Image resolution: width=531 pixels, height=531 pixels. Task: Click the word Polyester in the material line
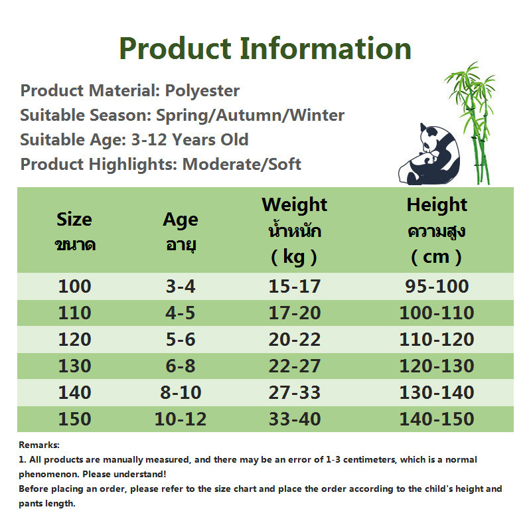[x=202, y=91]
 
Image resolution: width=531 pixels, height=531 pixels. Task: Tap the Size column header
[x=75, y=232]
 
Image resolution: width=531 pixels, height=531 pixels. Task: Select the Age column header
[x=181, y=232]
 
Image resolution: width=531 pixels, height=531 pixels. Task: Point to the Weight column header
[x=294, y=231]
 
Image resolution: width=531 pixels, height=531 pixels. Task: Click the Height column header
[x=437, y=231]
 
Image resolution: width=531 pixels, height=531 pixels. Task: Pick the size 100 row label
[x=75, y=286]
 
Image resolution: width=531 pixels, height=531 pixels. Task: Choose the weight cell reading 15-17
[x=294, y=286]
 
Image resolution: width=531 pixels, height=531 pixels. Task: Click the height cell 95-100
[x=437, y=286]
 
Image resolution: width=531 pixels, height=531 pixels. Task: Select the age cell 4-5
[x=180, y=313]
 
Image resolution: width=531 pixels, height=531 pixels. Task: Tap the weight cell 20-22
[x=294, y=339]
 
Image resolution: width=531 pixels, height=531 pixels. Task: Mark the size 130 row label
[x=75, y=366]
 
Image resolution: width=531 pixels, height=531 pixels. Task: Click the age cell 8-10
[x=181, y=392]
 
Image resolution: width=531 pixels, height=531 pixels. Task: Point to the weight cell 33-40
[x=295, y=419]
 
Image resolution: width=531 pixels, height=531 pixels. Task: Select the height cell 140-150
[x=437, y=419]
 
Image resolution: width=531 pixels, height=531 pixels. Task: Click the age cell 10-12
[x=181, y=419]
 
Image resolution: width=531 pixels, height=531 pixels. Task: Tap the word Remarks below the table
[x=39, y=445]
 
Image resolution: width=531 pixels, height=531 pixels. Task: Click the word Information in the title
[x=325, y=48]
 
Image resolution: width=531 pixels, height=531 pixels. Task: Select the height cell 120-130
[x=437, y=366]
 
